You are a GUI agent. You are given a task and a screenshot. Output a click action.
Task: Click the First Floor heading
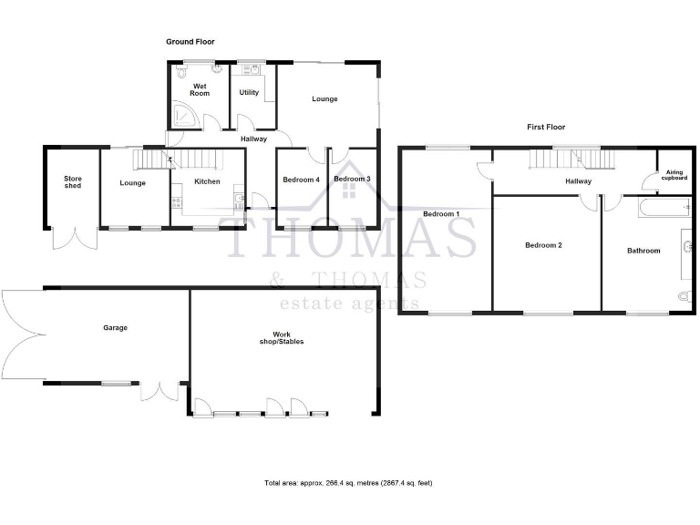pyautogui.click(x=545, y=127)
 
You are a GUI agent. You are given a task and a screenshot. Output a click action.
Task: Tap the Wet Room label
pyautogui.click(x=200, y=89)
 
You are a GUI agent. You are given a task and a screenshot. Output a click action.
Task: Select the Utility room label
pyautogui.click(x=249, y=92)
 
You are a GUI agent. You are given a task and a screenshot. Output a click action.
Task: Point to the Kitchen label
pyautogui.click(x=207, y=182)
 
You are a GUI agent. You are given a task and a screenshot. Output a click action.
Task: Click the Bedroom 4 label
pyautogui.click(x=301, y=180)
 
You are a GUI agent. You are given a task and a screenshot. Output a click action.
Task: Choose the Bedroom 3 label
pyautogui.click(x=352, y=180)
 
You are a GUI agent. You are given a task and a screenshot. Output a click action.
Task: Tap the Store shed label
pyautogui.click(x=72, y=182)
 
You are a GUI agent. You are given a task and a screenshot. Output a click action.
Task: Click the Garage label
pyautogui.click(x=115, y=327)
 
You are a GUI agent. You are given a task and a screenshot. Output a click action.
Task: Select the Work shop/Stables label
pyautogui.click(x=282, y=338)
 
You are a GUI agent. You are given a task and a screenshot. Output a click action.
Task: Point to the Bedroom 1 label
pyautogui.click(x=441, y=213)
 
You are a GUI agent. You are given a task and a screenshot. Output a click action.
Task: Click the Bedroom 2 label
pyautogui.click(x=543, y=245)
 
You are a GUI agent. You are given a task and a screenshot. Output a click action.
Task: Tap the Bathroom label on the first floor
pyautogui.click(x=643, y=250)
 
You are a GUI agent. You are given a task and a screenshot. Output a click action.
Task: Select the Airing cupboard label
pyautogui.click(x=674, y=175)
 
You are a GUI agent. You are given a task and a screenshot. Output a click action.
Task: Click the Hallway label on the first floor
pyautogui.click(x=578, y=181)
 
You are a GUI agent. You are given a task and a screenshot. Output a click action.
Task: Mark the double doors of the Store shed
pyautogui.click(x=73, y=238)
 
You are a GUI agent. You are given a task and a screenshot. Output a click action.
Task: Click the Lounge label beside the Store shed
pyautogui.click(x=132, y=183)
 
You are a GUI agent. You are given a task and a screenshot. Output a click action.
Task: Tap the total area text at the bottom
pyautogui.click(x=348, y=482)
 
